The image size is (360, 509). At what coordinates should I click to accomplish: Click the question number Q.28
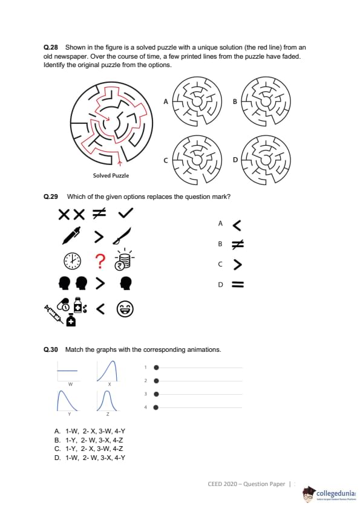point(51,47)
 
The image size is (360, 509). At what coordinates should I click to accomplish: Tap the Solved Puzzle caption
point(111,176)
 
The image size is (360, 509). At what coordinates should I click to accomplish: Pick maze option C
point(197,160)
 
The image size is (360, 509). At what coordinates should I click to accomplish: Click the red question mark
point(100,261)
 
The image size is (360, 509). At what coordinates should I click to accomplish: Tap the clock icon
point(72,261)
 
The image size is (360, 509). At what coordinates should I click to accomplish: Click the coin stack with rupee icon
point(123,260)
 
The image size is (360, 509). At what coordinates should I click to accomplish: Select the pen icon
point(71,236)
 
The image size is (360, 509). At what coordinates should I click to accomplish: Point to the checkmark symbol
point(125,213)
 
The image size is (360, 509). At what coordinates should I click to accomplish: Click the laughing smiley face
point(125,309)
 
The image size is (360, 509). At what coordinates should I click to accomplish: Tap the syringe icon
point(54,314)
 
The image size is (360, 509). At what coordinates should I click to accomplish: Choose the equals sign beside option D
point(238,285)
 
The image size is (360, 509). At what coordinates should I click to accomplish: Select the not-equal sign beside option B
point(238,244)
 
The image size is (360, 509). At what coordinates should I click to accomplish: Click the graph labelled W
point(68,371)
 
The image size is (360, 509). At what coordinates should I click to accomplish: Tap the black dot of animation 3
point(156,394)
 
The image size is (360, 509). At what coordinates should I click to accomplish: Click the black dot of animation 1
point(156,368)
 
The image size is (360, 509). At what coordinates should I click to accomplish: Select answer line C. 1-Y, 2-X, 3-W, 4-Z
point(89,449)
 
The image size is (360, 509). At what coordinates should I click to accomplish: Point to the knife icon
point(122,236)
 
